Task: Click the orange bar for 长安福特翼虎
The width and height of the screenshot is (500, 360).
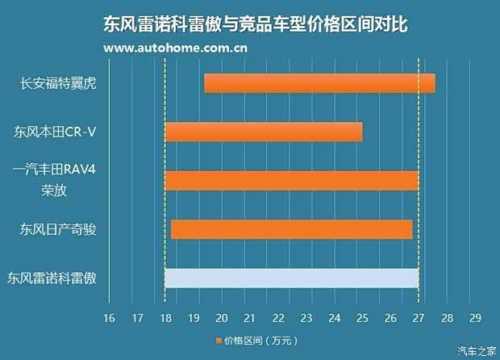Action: (319, 83)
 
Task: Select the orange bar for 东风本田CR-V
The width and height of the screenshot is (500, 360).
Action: (264, 132)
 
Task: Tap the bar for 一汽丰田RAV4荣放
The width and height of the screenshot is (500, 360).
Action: (291, 181)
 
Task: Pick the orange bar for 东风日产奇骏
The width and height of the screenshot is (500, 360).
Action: (291, 229)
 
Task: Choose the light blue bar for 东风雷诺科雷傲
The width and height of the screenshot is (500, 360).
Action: (291, 278)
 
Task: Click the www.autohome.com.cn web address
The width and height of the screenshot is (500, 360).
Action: (176, 48)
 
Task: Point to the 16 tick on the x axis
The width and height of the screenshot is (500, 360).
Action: (109, 317)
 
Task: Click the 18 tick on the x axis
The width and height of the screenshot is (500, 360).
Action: (165, 317)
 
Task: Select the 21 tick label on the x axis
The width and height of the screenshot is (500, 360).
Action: (249, 317)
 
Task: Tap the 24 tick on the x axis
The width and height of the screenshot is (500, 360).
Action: (334, 317)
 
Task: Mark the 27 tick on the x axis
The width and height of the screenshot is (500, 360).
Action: (419, 317)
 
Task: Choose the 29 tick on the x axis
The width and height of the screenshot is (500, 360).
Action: (474, 317)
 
